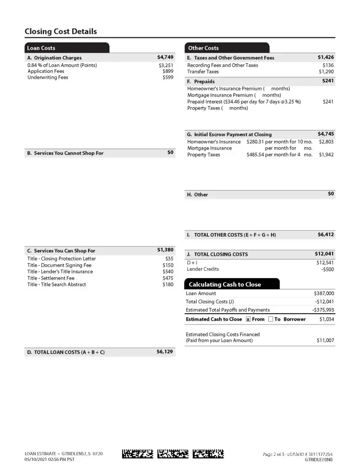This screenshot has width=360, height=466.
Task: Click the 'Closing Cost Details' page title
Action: tap(61, 32)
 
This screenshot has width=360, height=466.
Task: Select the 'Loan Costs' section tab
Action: tap(41, 48)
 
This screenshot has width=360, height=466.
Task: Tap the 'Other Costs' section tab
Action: tap(203, 48)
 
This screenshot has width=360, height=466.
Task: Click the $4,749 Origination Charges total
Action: tap(165, 57)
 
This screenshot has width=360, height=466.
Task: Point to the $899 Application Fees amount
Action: tap(168, 71)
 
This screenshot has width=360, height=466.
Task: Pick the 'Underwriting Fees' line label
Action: tap(48, 78)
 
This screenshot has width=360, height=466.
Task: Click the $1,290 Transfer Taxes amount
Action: tap(326, 72)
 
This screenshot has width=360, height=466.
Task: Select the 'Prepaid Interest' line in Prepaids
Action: tap(244, 102)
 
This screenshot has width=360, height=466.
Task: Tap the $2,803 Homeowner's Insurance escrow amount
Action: tap(326, 142)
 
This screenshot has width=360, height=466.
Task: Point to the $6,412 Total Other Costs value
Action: tap(326, 235)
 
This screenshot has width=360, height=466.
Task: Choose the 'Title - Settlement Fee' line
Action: tap(51, 278)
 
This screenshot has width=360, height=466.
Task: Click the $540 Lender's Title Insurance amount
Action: tap(168, 272)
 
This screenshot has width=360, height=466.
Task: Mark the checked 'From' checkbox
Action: tap(248, 319)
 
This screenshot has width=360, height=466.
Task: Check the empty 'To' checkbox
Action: tap(271, 319)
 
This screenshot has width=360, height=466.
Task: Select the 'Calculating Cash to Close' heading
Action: tap(224, 284)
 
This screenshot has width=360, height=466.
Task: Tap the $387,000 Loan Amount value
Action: tap(324, 294)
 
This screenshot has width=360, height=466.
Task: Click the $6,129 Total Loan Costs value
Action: tap(165, 352)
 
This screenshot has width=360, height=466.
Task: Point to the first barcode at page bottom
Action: tap(137, 453)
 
